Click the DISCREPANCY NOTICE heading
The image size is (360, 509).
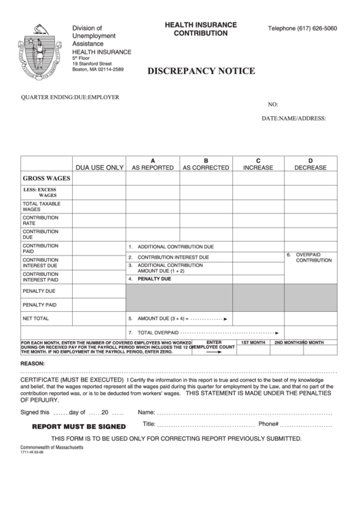tap(201, 71)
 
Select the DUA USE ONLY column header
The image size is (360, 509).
tap(99, 167)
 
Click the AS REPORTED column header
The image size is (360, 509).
tap(152, 167)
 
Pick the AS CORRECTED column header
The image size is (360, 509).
tap(206, 167)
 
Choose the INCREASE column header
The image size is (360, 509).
tap(258, 167)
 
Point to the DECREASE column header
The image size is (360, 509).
tap(310, 167)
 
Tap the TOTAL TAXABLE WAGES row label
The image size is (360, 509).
tap(41, 207)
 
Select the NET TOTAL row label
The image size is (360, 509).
tap(36, 318)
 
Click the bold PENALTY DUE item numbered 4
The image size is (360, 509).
tap(154, 279)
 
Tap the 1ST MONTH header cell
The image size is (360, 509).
tap(253, 343)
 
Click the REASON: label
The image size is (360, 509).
tap(33, 364)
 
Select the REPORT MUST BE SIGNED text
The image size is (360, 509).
tap(79, 426)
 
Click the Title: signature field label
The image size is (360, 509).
tap(149, 423)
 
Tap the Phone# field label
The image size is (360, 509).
tap(268, 423)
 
